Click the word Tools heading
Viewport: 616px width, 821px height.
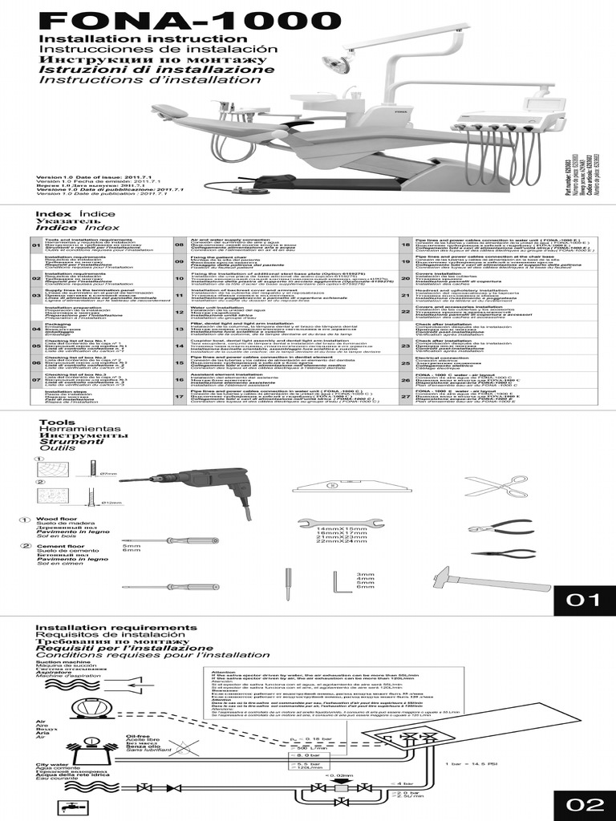[56, 422]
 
